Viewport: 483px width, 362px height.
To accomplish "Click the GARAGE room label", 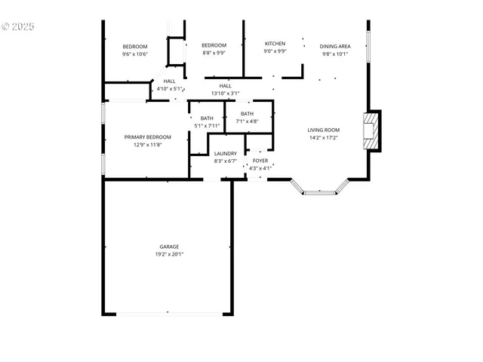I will click(x=169, y=247).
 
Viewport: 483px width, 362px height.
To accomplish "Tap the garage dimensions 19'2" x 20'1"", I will click(x=169, y=254).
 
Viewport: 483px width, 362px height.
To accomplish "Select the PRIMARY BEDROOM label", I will click(x=147, y=137).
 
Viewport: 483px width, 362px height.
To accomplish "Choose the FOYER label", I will click(x=260, y=161).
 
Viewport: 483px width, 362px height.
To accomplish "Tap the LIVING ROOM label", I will click(x=325, y=130).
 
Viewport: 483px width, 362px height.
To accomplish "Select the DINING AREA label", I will click(x=334, y=46).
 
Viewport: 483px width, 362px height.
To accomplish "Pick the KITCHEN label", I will click(x=275, y=44).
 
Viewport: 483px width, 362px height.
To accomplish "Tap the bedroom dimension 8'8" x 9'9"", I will click(x=214, y=54).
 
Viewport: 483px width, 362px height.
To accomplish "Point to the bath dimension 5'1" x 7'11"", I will click(x=207, y=125).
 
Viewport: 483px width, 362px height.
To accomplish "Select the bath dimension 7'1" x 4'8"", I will click(x=247, y=121).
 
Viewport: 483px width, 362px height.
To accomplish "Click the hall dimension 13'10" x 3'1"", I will click(x=225, y=94).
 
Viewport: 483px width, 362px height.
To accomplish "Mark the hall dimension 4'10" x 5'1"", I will click(x=169, y=89).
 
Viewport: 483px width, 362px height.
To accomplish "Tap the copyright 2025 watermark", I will click(x=18, y=26).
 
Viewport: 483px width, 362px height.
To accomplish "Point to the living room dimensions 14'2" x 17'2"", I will click(x=325, y=137).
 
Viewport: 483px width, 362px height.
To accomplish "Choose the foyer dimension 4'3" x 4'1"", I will click(x=260, y=167).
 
